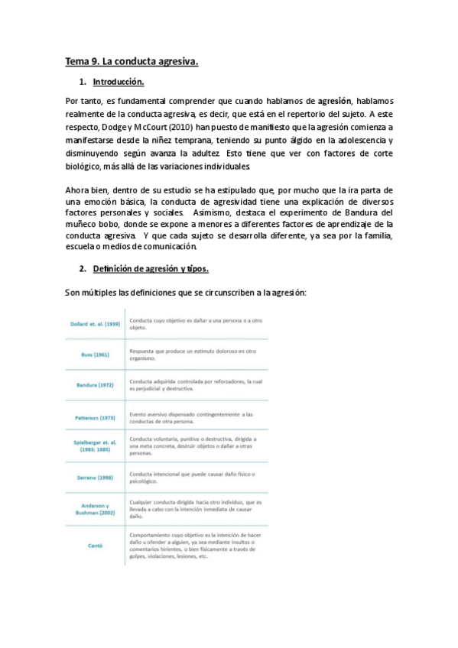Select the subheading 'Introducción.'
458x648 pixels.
click(x=118, y=81)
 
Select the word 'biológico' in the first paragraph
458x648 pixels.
click(x=85, y=167)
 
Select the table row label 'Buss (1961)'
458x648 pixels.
click(x=96, y=355)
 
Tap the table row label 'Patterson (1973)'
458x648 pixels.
click(x=95, y=418)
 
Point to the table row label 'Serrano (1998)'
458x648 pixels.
click(x=96, y=478)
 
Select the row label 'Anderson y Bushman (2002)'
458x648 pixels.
click(x=96, y=510)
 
